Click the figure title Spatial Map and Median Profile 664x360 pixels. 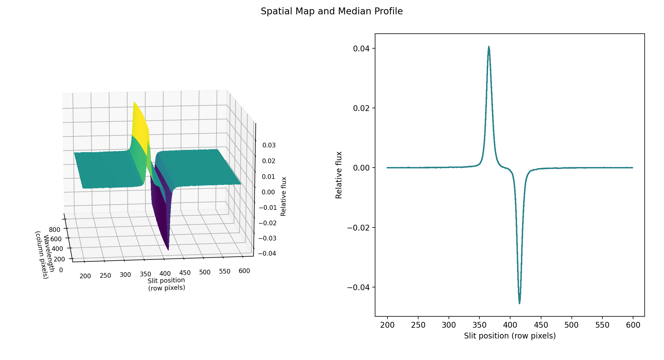tap(332, 11)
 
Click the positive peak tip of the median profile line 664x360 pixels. tap(489, 47)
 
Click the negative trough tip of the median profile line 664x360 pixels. tap(520, 303)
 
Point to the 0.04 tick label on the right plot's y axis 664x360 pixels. tap(361, 49)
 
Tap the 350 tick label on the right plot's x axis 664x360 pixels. tap(479, 325)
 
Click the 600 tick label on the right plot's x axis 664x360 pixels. tap(633, 325)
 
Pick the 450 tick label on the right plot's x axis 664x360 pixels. tap(541, 325)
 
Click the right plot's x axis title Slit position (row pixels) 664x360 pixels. tap(510, 336)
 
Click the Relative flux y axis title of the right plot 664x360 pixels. tap(339, 175)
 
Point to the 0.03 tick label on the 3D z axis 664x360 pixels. tap(269, 145)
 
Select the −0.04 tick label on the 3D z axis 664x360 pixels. tap(267, 253)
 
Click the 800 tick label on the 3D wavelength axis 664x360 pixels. tap(54, 230)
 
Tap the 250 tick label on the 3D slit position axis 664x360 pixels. tap(105, 276)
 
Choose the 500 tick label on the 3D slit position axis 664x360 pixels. tap(205, 272)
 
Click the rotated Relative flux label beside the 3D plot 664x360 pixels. tap(283, 196)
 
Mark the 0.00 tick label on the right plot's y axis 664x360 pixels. tap(361, 168)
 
